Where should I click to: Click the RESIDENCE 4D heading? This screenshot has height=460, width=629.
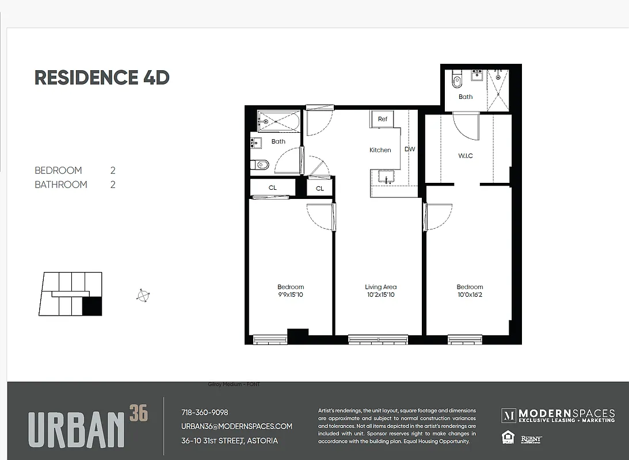(102, 78)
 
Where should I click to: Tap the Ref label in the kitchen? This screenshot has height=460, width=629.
(383, 119)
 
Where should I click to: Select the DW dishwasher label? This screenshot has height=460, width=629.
(410, 149)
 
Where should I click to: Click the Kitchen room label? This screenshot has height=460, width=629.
(380, 150)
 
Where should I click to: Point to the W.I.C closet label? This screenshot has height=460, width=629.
(466, 156)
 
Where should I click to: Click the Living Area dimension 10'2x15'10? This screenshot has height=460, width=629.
(380, 295)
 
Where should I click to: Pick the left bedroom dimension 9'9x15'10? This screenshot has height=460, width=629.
(291, 295)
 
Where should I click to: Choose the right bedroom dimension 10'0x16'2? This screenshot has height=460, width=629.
(470, 295)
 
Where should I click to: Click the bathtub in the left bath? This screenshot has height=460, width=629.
(277, 121)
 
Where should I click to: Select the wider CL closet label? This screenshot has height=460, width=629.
(273, 187)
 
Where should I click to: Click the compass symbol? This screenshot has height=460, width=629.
(143, 296)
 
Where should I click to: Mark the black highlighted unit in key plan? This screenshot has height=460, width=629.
(92, 306)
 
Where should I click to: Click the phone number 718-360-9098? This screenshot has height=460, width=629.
(204, 412)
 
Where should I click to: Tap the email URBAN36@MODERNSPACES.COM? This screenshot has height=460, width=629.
(237, 427)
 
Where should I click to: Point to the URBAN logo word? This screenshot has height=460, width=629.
(77, 429)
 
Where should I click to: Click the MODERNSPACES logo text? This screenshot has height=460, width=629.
(566, 414)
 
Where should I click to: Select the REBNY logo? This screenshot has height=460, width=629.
(531, 439)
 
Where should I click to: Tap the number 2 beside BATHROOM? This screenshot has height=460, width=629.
(113, 185)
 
